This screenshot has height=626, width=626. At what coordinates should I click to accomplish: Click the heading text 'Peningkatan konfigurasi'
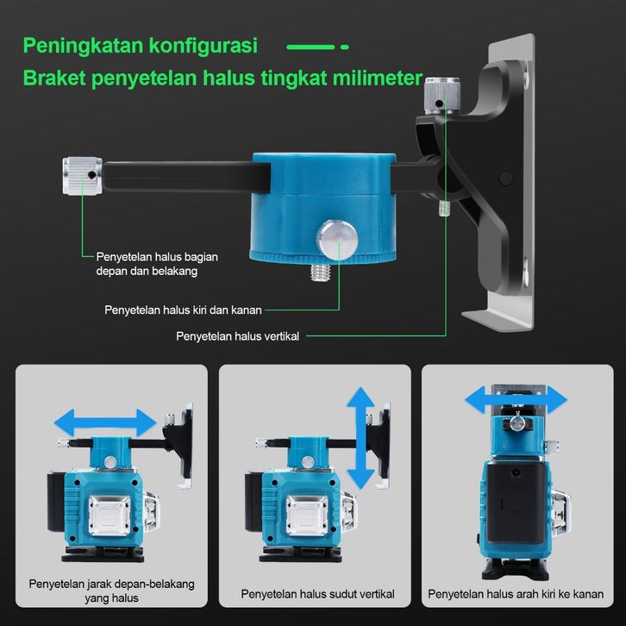[141, 46]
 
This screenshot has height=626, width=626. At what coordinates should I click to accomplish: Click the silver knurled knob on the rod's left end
[82, 176]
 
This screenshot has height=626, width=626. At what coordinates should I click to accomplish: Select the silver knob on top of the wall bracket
[442, 96]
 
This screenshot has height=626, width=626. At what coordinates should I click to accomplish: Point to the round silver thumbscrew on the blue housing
[337, 238]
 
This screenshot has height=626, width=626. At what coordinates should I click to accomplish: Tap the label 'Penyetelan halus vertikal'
[237, 336]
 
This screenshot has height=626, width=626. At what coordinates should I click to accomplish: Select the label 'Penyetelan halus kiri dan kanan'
[184, 310]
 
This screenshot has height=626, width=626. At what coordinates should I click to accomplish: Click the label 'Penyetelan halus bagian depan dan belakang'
[157, 264]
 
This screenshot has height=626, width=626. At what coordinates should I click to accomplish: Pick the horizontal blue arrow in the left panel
[105, 423]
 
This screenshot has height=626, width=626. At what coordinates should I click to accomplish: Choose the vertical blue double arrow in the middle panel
[361, 438]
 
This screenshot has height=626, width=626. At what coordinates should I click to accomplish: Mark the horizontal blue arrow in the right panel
[516, 399]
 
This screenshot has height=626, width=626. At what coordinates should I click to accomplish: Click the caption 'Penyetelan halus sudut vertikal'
[318, 594]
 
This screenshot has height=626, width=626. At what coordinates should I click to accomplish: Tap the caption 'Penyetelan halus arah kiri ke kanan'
[516, 594]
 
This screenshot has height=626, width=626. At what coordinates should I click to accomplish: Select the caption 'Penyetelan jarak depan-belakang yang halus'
[111, 591]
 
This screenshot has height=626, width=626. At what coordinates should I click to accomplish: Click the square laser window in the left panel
[110, 515]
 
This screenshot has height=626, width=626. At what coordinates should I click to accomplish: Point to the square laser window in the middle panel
[307, 515]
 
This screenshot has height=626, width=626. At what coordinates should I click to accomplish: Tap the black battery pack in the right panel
[516, 503]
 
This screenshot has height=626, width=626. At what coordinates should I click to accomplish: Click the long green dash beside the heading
[310, 47]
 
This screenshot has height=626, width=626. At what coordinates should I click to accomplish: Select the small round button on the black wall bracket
[506, 178]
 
